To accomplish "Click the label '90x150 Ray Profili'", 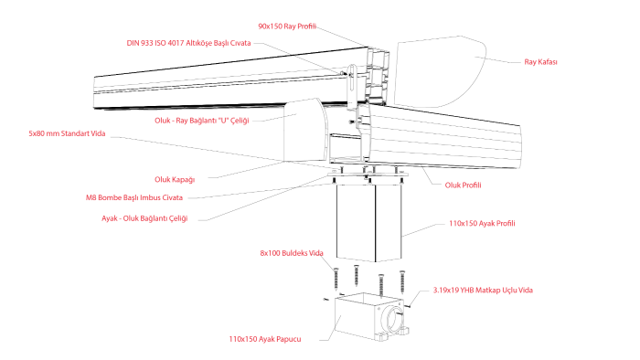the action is coord(287,26).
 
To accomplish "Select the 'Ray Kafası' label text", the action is coord(540,62).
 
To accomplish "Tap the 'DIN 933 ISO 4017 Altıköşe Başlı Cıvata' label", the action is coord(188,43).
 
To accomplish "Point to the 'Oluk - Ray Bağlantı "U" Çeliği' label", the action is coord(202,121).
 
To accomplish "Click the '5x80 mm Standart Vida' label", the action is coord(67,133).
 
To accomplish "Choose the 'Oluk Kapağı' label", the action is coord(175,180).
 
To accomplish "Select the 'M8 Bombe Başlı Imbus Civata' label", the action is coord(134,197).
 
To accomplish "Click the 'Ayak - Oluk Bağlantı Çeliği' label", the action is coord(144,218).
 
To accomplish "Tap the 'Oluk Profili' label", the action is coord(463,185).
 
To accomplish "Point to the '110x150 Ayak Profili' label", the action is coord(482,224).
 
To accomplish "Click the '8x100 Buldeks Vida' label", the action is coord(292,253).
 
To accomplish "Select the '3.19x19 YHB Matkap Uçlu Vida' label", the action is coord(483,291).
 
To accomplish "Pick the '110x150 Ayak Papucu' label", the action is coord(265,339).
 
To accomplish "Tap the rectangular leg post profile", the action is coord(369,222).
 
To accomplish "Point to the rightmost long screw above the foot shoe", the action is coord(402,281).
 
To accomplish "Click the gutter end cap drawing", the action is coord(305,130).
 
